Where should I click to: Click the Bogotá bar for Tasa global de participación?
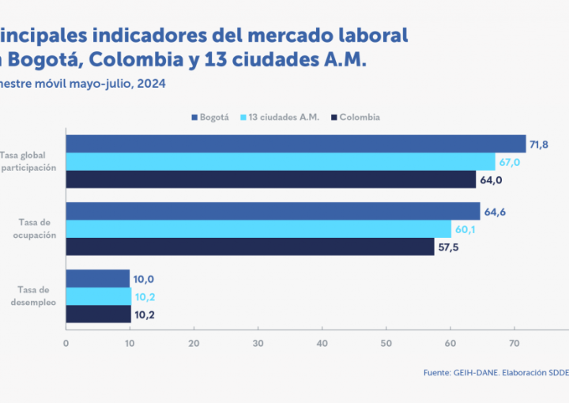click(296, 144)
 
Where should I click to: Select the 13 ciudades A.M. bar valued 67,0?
click(280, 162)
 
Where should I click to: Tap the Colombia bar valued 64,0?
click(270, 179)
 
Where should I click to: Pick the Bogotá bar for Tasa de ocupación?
click(273, 211)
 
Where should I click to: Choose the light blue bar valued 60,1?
click(258, 229)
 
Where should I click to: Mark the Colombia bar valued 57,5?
click(250, 247)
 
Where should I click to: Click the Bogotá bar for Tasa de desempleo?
click(97, 278)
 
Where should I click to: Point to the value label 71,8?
click(540, 144)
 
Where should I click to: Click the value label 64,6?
click(494, 211)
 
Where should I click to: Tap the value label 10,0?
click(144, 279)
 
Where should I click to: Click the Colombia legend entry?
click(356, 118)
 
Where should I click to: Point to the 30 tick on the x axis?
click(258, 344)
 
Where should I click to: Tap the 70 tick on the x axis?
click(514, 344)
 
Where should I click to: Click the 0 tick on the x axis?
click(66, 344)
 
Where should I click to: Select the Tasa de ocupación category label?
click(36, 229)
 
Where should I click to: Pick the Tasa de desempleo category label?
click(33, 296)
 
